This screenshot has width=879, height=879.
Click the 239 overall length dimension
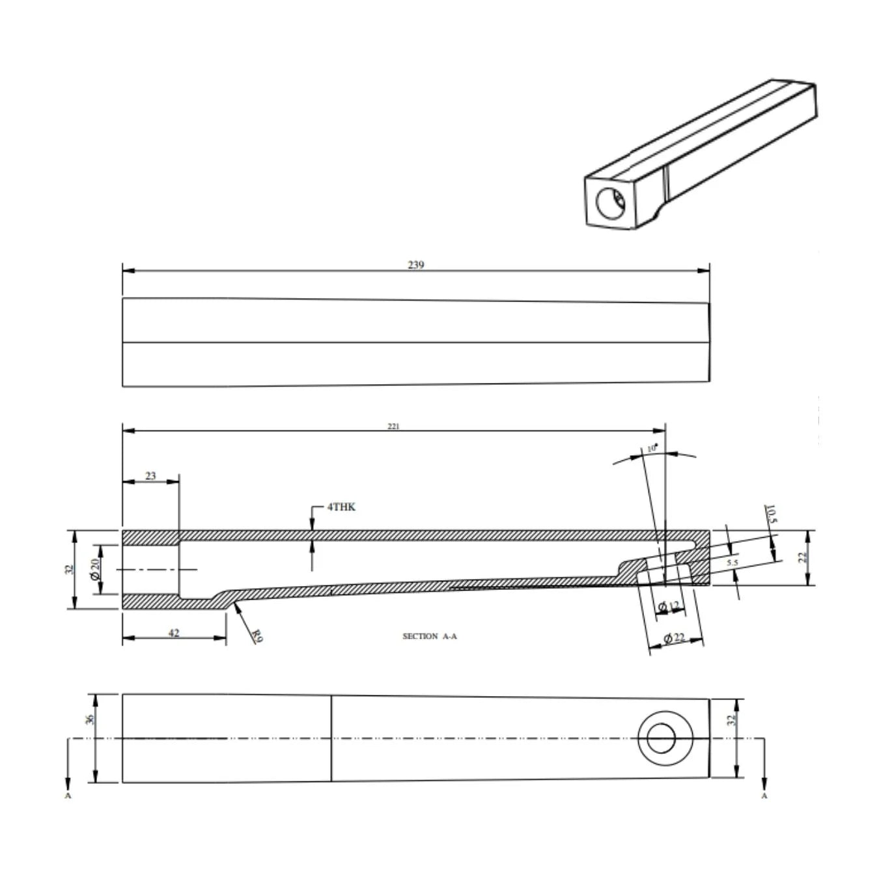415,265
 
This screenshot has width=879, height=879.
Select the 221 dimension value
393,426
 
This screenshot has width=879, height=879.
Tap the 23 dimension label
150,476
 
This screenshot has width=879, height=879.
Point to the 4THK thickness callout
341,507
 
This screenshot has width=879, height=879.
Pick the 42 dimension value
174,633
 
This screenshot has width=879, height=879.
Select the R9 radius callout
257,635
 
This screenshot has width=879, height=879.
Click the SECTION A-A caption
430,636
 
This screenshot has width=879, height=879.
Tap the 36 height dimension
90,719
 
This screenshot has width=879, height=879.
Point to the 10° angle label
652,449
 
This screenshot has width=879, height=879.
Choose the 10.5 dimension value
772,514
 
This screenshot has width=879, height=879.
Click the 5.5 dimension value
732,562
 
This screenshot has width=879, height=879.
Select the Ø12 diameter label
669,607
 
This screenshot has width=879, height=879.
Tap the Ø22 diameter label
675,638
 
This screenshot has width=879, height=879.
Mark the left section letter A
68,796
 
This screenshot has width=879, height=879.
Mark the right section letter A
764,796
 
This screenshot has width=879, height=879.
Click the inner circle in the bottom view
665,738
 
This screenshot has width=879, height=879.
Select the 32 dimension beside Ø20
69,569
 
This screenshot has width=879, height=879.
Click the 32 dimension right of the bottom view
731,720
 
